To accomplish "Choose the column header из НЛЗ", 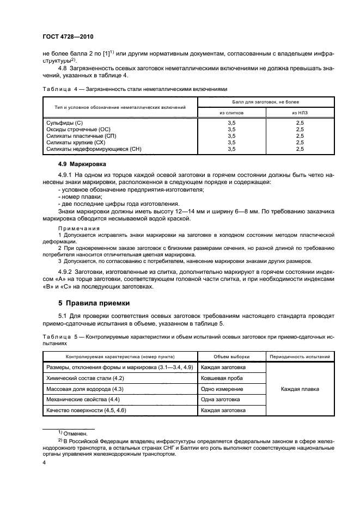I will (x=299, y=112).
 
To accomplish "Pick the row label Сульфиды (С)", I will (x=64, y=124).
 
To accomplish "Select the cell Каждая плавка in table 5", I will (x=300, y=389).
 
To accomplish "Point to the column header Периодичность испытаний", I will (x=300, y=357).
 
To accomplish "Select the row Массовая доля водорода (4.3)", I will (x=89, y=389).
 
